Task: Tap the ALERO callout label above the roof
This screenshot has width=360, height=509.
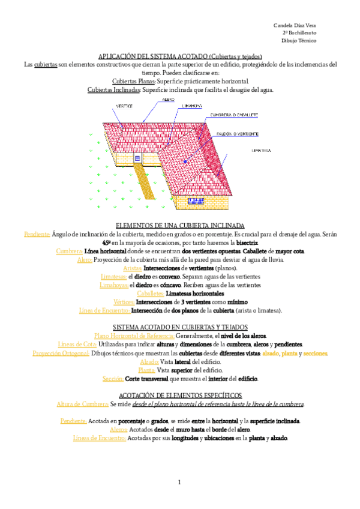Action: [x=169, y=100]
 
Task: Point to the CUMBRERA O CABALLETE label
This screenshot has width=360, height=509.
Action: [x=234, y=114]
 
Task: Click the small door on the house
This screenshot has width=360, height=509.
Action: [x=137, y=158]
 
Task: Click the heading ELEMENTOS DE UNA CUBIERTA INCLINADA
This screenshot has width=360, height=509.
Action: [x=180, y=225]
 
